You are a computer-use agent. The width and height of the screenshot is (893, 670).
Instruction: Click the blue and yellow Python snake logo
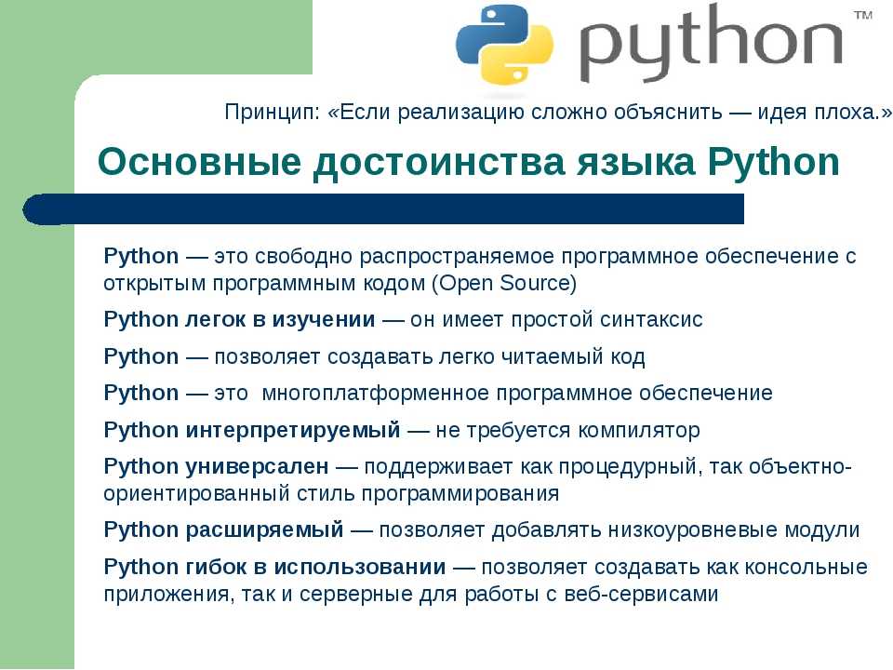[x=504, y=45]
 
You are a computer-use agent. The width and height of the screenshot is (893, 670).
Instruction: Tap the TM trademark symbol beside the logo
[x=863, y=16]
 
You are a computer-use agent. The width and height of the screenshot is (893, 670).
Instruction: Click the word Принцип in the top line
[x=272, y=113]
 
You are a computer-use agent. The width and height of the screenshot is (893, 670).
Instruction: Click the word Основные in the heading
[x=199, y=162]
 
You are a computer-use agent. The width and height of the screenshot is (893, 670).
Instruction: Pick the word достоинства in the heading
[x=438, y=163]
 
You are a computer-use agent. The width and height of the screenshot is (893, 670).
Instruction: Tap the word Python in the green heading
[x=773, y=163]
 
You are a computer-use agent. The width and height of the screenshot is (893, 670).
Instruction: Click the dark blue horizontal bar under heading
[x=383, y=209]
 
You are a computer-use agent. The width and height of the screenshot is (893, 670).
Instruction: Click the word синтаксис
[x=644, y=319]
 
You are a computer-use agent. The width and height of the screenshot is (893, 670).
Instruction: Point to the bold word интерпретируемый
[x=293, y=430]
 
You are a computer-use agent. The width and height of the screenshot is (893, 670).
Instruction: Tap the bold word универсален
[x=257, y=466]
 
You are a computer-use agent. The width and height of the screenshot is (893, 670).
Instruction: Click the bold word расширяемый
[x=264, y=530]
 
